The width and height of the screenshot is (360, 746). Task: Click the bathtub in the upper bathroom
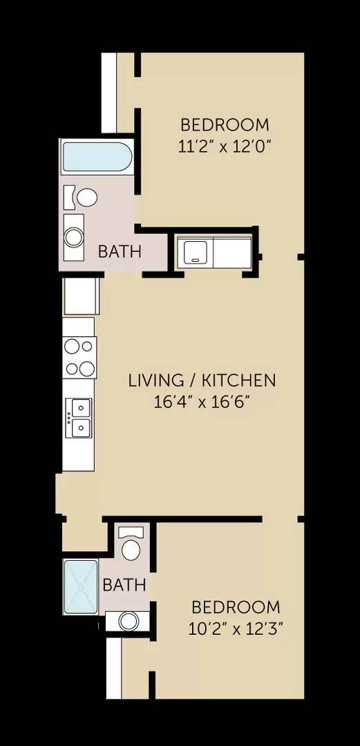tap(96, 157)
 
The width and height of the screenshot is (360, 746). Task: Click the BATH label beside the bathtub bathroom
tap(120, 251)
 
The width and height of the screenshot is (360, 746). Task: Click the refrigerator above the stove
tap(82, 296)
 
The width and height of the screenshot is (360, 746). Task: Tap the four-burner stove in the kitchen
tap(79, 357)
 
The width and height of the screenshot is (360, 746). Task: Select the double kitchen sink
tap(79, 418)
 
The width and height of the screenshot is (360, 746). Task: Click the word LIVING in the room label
tap(154, 380)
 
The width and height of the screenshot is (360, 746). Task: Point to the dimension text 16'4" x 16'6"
tap(201, 401)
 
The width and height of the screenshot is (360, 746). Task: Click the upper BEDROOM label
tap(225, 125)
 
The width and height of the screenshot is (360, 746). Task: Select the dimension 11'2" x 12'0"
tap(225, 146)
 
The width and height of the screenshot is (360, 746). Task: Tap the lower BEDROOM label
tap(236, 607)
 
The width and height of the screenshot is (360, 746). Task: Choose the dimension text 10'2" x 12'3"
tap(236, 629)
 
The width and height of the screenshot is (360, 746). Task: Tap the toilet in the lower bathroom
tap(131, 546)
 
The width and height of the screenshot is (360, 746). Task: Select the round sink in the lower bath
tap(129, 621)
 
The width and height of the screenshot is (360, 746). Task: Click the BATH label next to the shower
tap(124, 585)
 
